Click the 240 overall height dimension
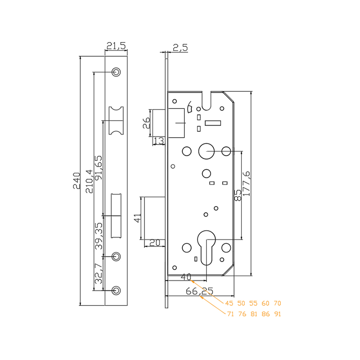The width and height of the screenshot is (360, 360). [76, 181]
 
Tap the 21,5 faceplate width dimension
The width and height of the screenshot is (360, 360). [116, 46]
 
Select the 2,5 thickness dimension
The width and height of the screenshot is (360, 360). [180, 48]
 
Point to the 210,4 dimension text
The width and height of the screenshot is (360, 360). [89, 181]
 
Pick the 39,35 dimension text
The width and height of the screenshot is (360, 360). [99, 236]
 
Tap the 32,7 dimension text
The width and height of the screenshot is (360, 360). [99, 274]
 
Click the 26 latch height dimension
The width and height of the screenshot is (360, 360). [146, 123]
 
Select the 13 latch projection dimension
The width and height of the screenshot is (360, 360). [159, 141]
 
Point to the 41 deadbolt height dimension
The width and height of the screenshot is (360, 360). [137, 218]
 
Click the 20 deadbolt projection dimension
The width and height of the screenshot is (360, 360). [154, 243]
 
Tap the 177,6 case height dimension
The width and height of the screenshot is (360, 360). [246, 184]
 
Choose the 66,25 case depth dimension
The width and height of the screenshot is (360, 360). [199, 291]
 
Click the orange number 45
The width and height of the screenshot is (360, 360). [229, 303]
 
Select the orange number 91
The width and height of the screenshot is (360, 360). [278, 314]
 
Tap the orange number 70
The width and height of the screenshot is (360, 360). [277, 303]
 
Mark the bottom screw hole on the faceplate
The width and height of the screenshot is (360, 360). [116, 290]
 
